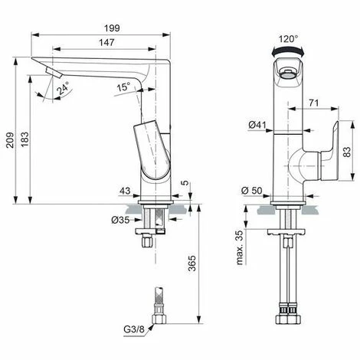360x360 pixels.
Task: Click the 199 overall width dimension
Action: [x=112, y=28]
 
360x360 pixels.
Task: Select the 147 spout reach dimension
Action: [x=106, y=42]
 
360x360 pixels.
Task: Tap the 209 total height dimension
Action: [x=10, y=140]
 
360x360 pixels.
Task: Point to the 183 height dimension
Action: [x=25, y=139]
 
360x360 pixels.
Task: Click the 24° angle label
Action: [x=63, y=88]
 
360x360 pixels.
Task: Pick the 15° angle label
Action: [x=123, y=87]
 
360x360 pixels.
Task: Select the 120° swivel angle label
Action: [x=288, y=39]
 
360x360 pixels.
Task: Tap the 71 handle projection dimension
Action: [x=314, y=103]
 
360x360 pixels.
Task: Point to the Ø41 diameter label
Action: [x=257, y=125]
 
